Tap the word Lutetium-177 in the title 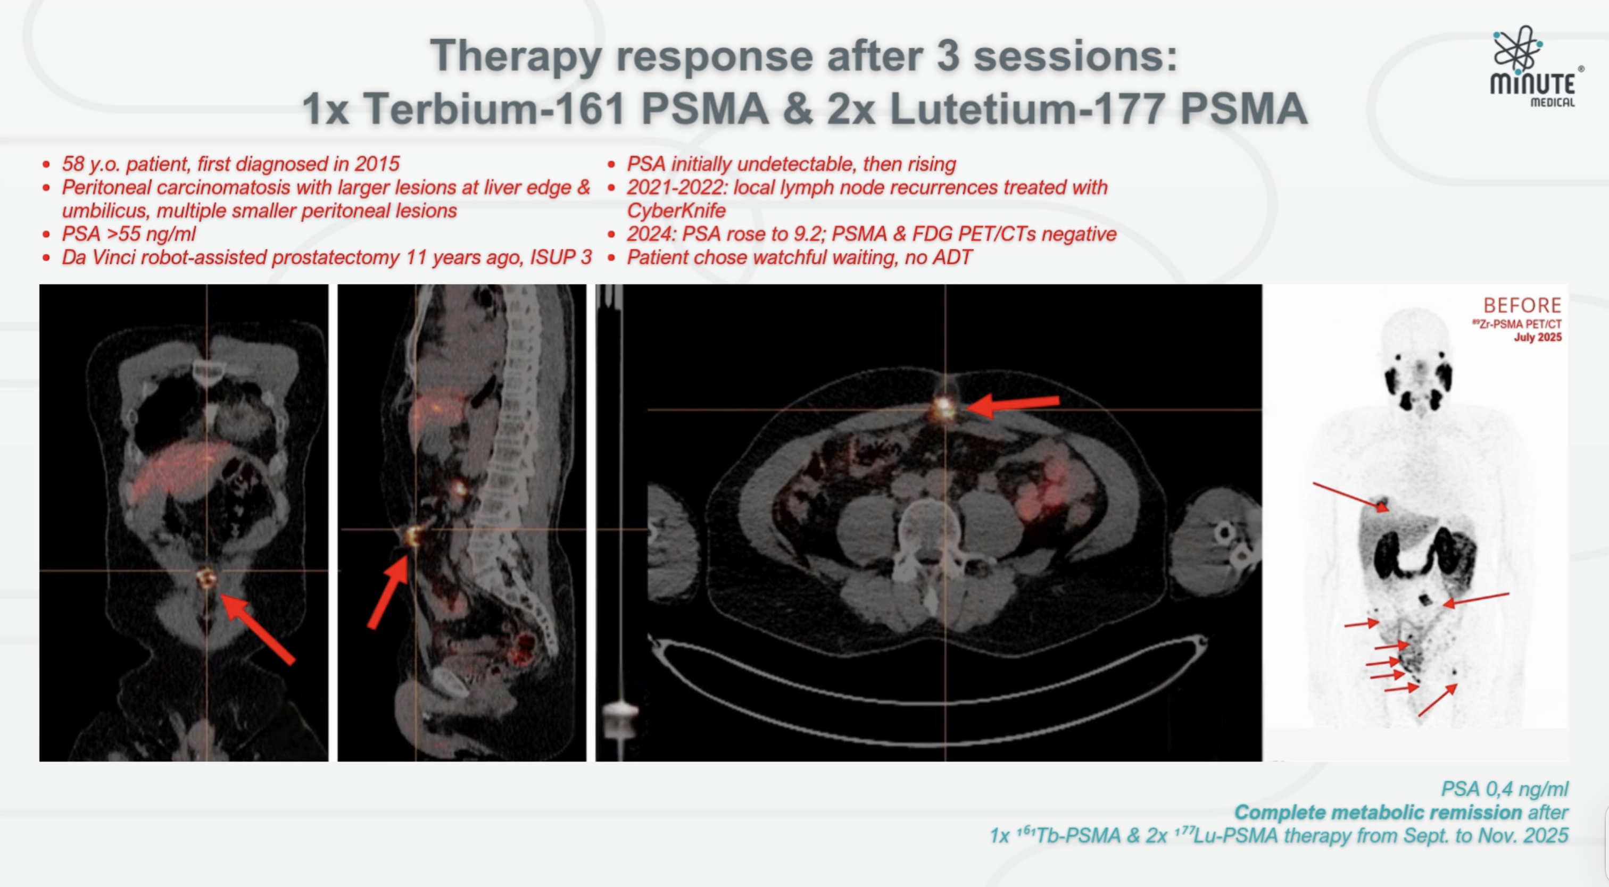tap(1027, 108)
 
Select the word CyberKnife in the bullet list tap(676, 211)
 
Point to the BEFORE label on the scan tap(1522, 305)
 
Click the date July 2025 tap(1538, 337)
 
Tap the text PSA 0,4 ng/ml tap(1505, 789)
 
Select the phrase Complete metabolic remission tap(1378, 812)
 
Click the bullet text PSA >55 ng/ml tap(129, 233)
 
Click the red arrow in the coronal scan tap(258, 629)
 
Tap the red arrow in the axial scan tap(1013, 405)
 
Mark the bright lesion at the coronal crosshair tap(205, 578)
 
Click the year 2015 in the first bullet tap(377, 164)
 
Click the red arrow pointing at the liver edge tap(1350, 497)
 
